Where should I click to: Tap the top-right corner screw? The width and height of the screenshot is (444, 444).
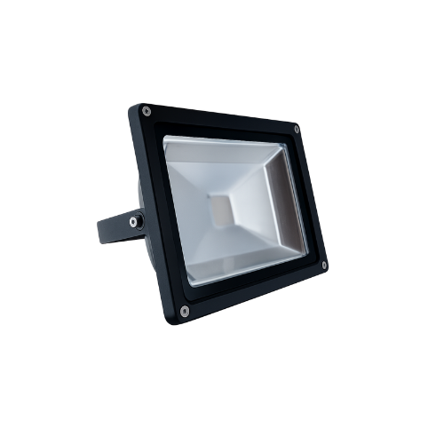point(297,130)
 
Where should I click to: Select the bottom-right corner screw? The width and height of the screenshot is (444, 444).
point(324,265)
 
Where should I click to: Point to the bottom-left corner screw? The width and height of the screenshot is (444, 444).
point(184,310)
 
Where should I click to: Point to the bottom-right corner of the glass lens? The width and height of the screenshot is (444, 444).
point(307,258)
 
